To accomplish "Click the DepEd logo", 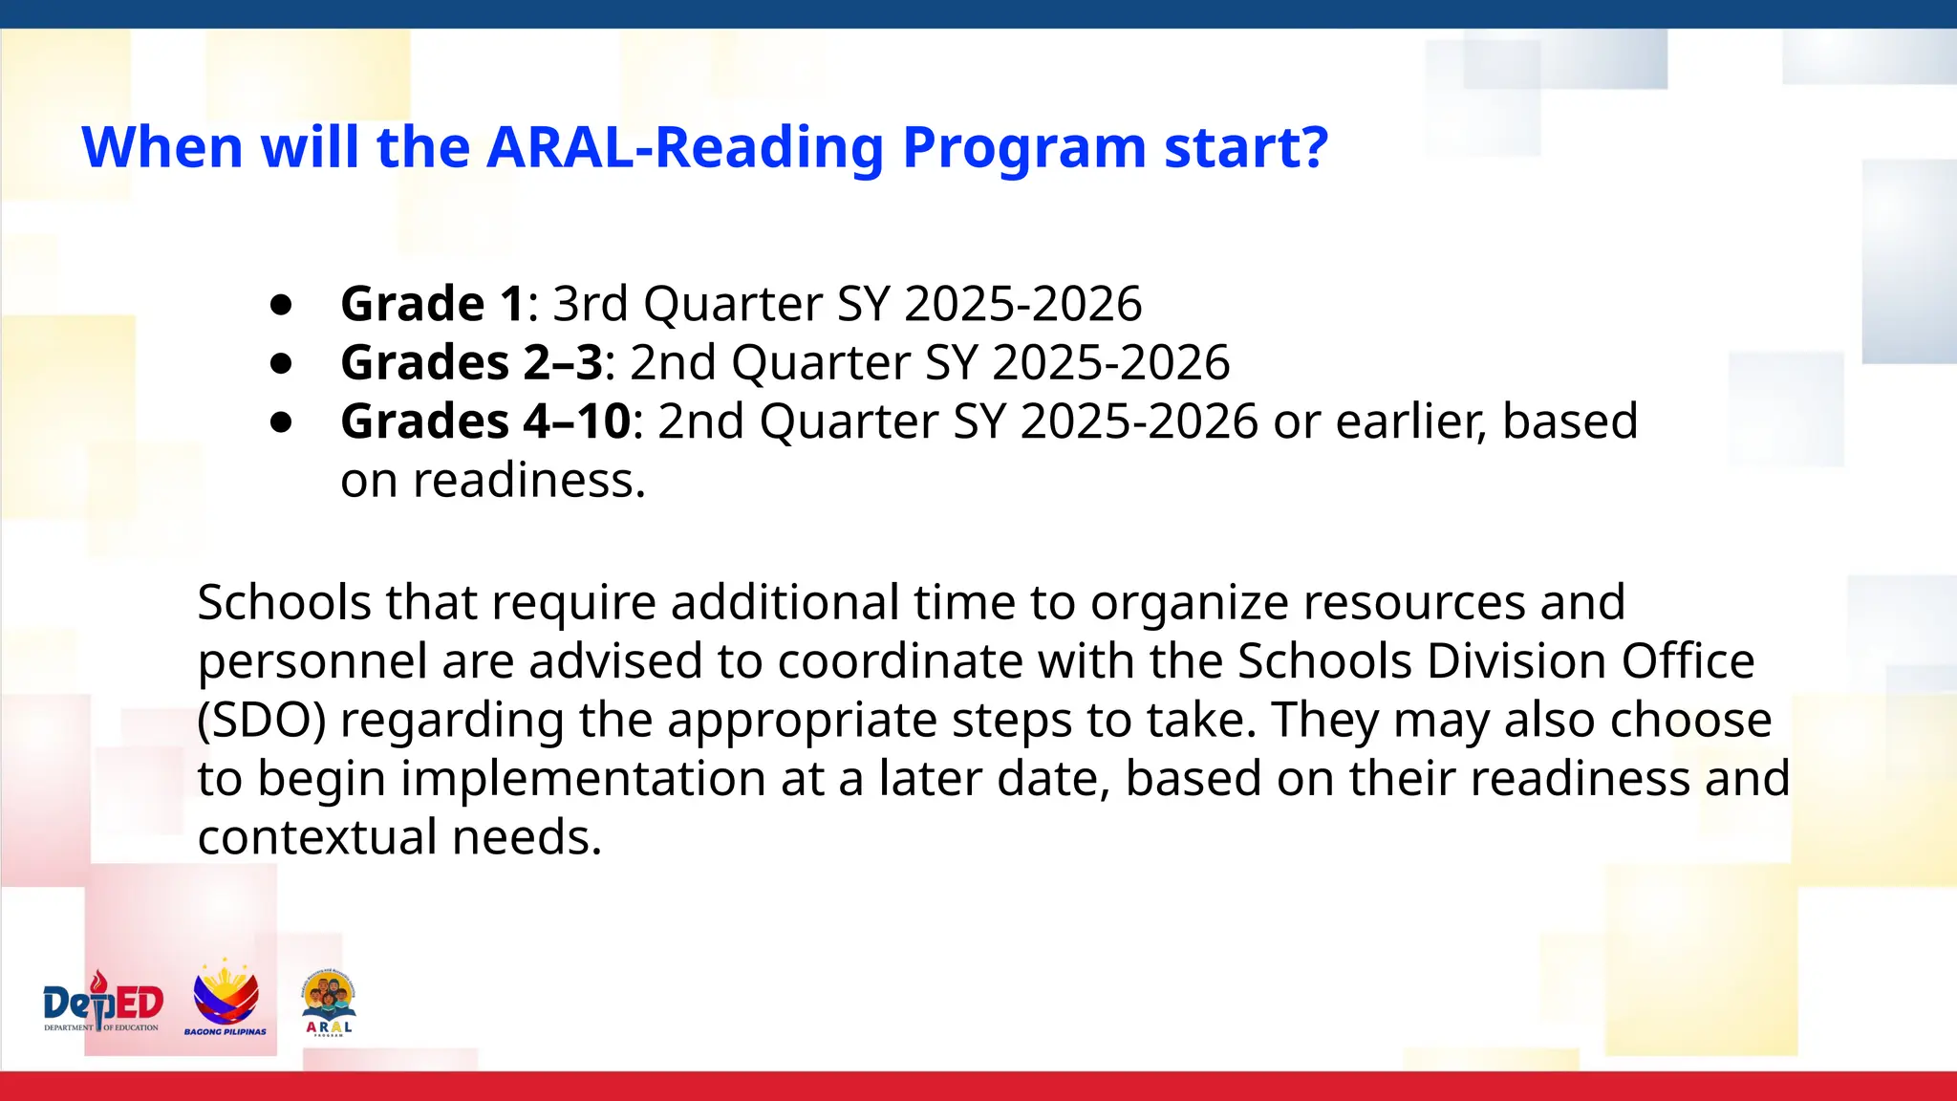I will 103,1004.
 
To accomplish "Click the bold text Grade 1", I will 432,304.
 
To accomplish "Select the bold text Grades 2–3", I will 472,363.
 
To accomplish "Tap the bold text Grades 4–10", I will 485,421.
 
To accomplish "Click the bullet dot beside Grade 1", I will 281,305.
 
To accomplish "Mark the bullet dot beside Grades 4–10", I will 281,422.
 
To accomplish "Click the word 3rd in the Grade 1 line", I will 591,304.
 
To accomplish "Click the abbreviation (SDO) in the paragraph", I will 261,721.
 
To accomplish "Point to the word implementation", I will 583,779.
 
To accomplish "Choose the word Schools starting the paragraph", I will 284,603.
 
